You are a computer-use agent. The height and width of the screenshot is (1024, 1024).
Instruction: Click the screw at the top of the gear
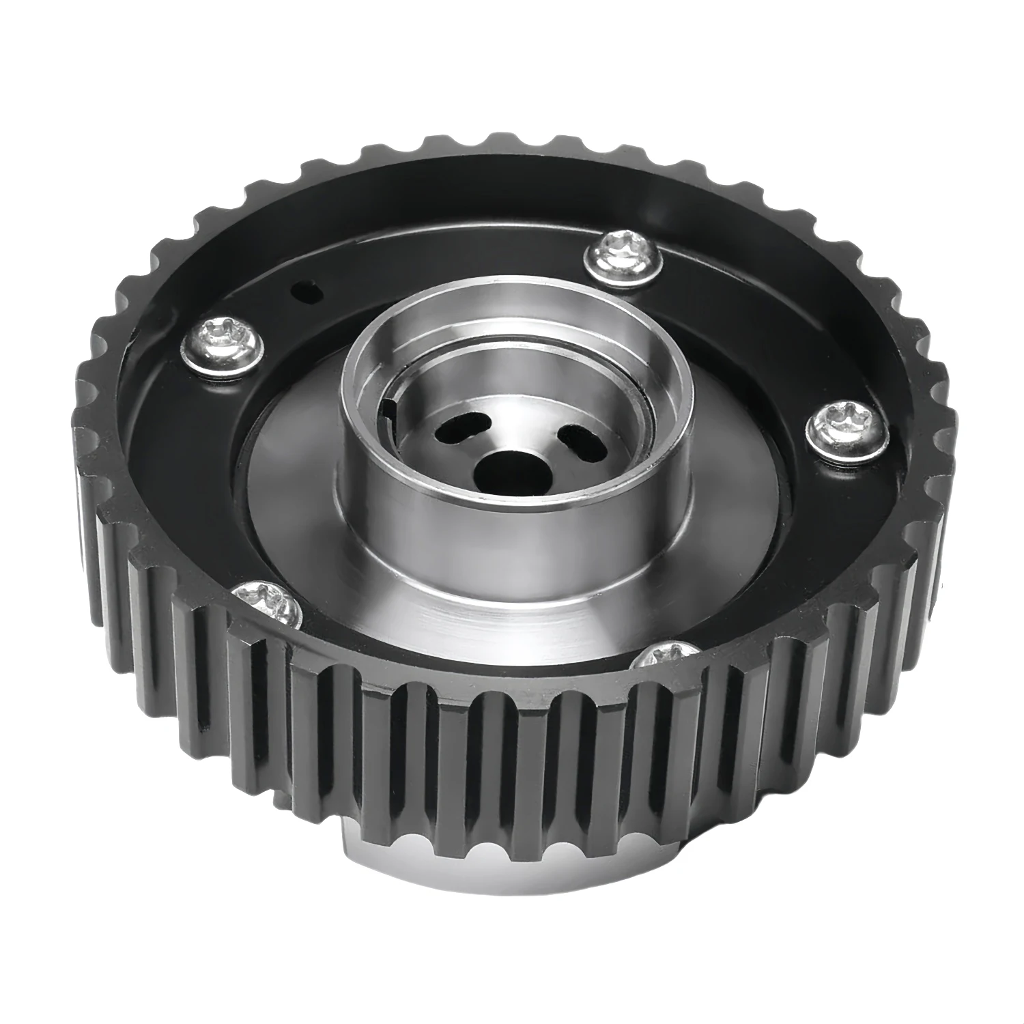619,256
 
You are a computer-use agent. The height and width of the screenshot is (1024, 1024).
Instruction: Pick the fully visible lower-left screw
268,601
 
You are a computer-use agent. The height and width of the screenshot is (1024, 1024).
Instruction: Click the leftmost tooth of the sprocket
87,444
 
